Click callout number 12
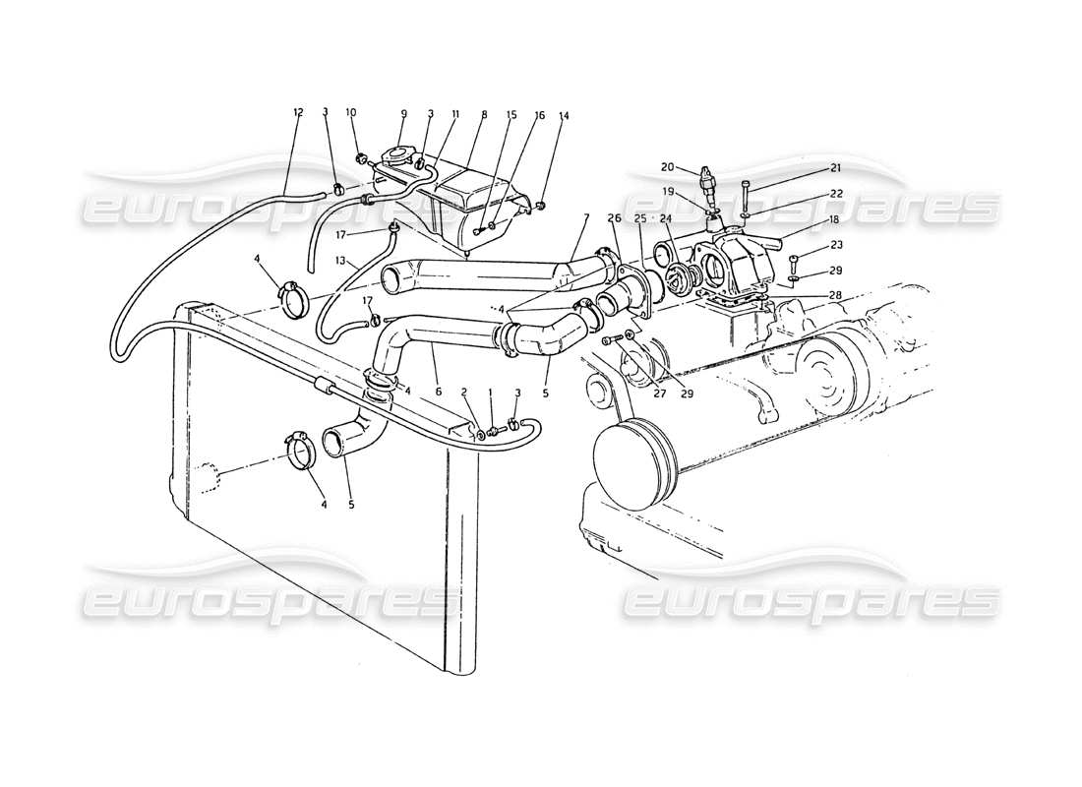[298, 113]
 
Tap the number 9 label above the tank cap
[402, 113]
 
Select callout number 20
[693, 167]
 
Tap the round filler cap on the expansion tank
[399, 157]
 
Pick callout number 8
[483, 115]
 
